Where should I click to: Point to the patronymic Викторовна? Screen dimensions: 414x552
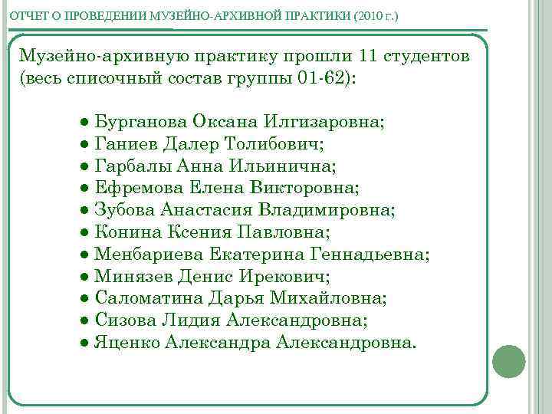[311, 187]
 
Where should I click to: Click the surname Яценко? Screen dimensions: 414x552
[127, 342]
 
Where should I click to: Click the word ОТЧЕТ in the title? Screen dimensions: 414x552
[28, 16]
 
